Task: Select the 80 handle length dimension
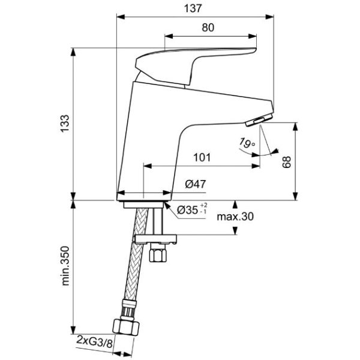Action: (208, 27)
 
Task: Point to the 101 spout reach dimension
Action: (202, 158)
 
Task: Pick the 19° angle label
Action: (245, 143)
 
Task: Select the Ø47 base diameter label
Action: (196, 185)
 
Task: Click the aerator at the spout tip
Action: (259, 121)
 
